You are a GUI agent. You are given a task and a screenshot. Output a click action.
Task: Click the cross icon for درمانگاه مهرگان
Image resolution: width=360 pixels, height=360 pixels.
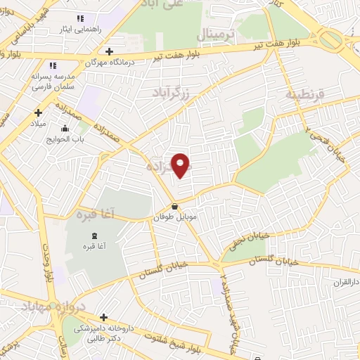pos(109,51)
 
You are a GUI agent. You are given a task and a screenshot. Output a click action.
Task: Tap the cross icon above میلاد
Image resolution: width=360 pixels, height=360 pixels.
pos(38,112)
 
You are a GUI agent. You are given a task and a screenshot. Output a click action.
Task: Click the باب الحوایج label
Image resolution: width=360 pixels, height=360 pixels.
pos(65,139)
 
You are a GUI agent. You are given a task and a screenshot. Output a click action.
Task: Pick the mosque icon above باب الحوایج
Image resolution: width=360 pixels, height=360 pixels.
pos(65,128)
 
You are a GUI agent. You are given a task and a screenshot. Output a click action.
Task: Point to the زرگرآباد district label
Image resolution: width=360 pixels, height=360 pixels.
pos(172,91)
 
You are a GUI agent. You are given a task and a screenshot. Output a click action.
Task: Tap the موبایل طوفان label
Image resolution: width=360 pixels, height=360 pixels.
pos(174,218)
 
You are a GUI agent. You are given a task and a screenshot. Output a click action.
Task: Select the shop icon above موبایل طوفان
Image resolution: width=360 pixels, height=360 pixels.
pos(174,207)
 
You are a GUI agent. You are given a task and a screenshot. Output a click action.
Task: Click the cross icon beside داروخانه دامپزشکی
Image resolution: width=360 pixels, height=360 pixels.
pos(104,318)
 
